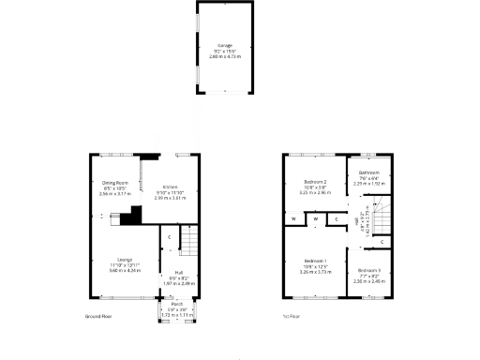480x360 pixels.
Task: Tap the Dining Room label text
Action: click(x=114, y=184)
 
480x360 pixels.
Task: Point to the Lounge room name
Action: click(x=124, y=260)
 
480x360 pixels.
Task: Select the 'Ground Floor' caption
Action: click(x=98, y=318)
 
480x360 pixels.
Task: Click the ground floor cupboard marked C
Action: click(x=169, y=237)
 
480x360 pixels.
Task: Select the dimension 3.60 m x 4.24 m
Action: click(x=124, y=271)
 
